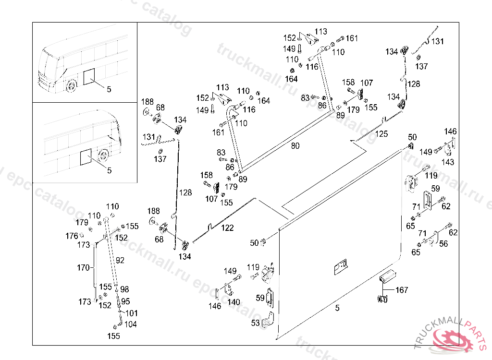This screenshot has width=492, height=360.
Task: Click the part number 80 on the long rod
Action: point(295,146)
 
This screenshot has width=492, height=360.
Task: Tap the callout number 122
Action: point(227,228)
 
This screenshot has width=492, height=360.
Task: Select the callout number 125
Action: point(381,134)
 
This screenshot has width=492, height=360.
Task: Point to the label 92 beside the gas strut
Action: point(120,260)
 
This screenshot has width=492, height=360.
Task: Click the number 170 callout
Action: point(83,268)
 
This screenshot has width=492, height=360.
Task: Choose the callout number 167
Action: point(402,290)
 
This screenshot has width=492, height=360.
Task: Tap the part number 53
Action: point(256,323)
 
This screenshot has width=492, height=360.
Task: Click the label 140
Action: point(234,302)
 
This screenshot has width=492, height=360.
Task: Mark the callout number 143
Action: point(448,162)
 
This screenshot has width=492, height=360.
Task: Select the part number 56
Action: point(443,244)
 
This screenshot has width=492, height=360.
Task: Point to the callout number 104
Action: point(131,324)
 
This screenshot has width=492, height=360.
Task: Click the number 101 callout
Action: point(132,313)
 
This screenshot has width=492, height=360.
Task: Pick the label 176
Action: point(72,236)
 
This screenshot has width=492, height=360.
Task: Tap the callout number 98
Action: point(124,289)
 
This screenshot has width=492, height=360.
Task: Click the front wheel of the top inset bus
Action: point(72,85)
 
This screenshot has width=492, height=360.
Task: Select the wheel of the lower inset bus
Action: point(103,156)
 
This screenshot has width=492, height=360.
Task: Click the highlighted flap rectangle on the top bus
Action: point(89,77)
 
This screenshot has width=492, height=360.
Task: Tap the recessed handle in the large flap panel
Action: point(341,267)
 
